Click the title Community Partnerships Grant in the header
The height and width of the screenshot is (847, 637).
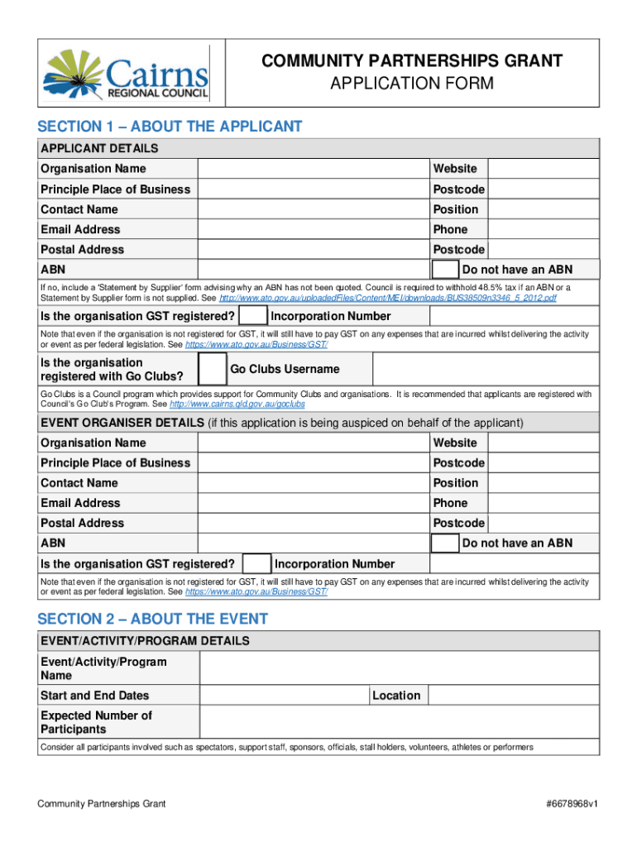412,61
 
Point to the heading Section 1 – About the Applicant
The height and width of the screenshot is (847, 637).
170,127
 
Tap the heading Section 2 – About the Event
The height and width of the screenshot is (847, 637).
153,619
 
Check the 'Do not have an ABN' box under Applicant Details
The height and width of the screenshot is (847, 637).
446,270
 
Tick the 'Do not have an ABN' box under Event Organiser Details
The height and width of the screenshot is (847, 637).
446,543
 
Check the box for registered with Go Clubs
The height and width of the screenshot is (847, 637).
213,369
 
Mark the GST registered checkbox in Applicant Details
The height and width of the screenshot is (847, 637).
252,316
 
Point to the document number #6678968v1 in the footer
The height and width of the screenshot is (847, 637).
567,804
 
